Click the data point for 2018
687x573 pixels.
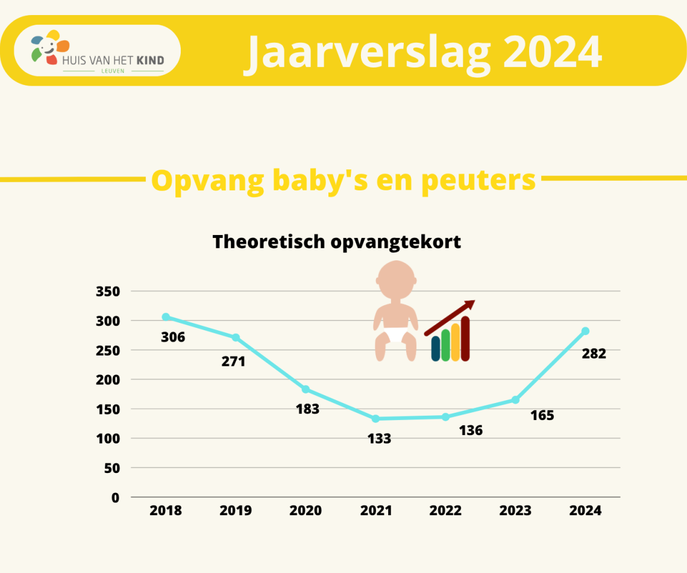tap(166, 317)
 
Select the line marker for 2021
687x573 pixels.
tap(375, 419)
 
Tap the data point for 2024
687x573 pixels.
tap(585, 331)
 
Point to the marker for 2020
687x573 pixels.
tap(306, 389)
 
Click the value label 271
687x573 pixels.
tap(233, 362)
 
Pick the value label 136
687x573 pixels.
tap(471, 431)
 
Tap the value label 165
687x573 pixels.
tap(542, 415)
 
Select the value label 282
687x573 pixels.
tap(594, 354)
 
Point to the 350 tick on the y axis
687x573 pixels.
tap(108, 291)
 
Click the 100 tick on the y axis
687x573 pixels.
tap(108, 439)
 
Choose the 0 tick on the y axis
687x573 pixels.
tap(115, 498)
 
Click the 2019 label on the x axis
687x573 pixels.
tap(236, 510)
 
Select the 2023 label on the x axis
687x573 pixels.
tap(515, 510)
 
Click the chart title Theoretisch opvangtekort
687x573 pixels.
tap(336, 242)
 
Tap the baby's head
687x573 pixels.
tap(396, 280)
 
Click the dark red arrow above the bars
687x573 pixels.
tap(450, 318)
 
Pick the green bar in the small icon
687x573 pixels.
tap(445, 345)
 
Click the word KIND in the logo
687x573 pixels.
tap(150, 60)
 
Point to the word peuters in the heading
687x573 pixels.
tap(478, 181)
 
